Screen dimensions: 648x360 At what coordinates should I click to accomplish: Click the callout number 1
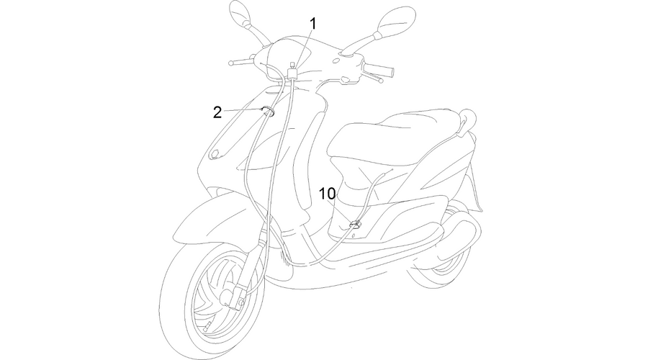pyautogui.click(x=313, y=24)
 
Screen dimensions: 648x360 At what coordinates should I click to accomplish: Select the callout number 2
pyautogui.click(x=217, y=112)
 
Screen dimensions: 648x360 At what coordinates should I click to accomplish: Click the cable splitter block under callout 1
pyautogui.click(x=293, y=73)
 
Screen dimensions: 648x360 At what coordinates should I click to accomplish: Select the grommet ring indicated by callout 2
pyautogui.click(x=269, y=112)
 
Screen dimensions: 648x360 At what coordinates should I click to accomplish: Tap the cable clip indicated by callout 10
pyautogui.click(x=354, y=225)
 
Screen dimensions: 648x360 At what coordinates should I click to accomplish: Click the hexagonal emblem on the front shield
pyautogui.click(x=214, y=153)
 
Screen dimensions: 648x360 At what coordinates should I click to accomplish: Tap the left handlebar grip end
pyautogui.click(x=230, y=63)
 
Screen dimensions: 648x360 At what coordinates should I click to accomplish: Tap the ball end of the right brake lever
pyautogui.click(x=381, y=81)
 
